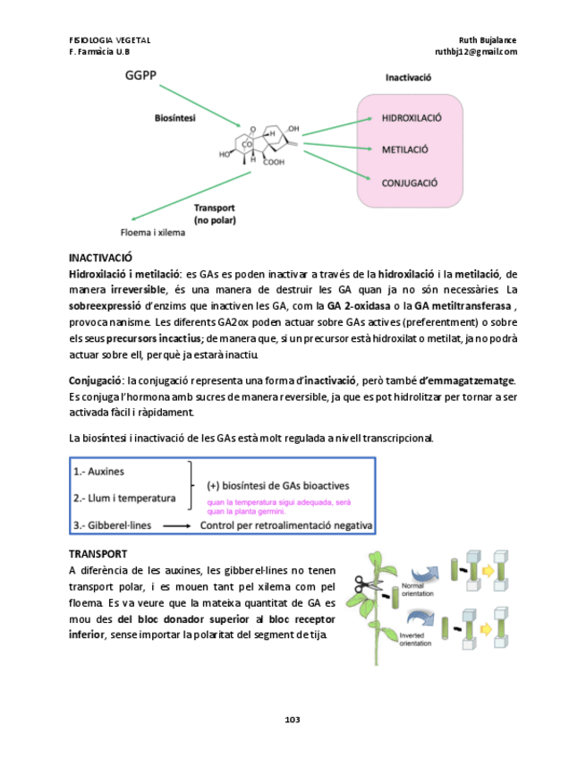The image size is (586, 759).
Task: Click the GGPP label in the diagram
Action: pos(140,76)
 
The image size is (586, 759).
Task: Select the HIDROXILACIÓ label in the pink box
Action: pos(412,118)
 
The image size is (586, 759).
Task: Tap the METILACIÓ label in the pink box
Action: pos(405,149)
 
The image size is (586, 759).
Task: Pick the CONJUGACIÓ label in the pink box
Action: pos(410,183)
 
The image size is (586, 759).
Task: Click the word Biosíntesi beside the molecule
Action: pos(176,117)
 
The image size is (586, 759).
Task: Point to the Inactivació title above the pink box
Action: pos(408,77)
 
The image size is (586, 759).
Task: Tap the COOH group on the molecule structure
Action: pos(274,162)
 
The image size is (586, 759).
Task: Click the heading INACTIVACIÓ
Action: pos(100,257)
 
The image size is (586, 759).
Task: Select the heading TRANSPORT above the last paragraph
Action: pos(98,554)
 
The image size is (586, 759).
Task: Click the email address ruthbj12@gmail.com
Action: pos(475,52)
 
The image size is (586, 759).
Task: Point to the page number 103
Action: pos(293,719)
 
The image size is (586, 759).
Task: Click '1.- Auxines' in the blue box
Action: pos(99,471)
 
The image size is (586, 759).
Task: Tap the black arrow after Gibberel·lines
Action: pos(176,525)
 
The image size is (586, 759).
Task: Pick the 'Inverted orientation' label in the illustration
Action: pos(417,638)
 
